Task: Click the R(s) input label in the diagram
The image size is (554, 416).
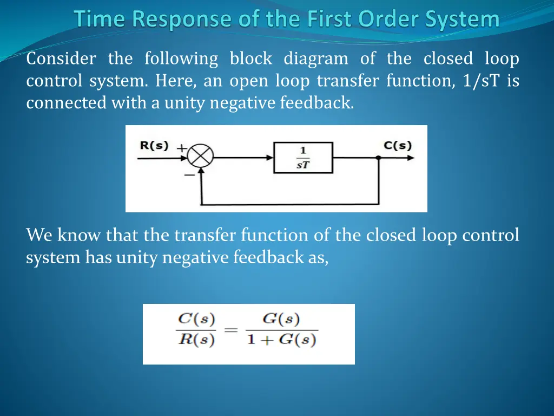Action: click(154, 146)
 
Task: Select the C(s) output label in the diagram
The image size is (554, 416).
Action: click(398, 146)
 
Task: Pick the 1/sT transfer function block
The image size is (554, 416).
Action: click(303, 158)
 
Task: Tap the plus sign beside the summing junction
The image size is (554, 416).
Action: click(182, 147)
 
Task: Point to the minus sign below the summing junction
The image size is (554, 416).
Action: click(190, 175)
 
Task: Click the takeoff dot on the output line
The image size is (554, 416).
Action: click(378, 158)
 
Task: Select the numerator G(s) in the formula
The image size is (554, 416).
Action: click(281, 319)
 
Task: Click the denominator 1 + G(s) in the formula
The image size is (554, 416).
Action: click(281, 341)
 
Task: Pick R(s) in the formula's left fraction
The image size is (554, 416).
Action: click(197, 341)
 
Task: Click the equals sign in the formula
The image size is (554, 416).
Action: click(230, 330)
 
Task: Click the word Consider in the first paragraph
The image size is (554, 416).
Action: click(61, 58)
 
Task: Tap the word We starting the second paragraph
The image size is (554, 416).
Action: click(39, 235)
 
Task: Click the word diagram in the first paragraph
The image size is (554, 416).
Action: click(316, 58)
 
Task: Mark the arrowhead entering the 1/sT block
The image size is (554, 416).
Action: click(270, 158)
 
